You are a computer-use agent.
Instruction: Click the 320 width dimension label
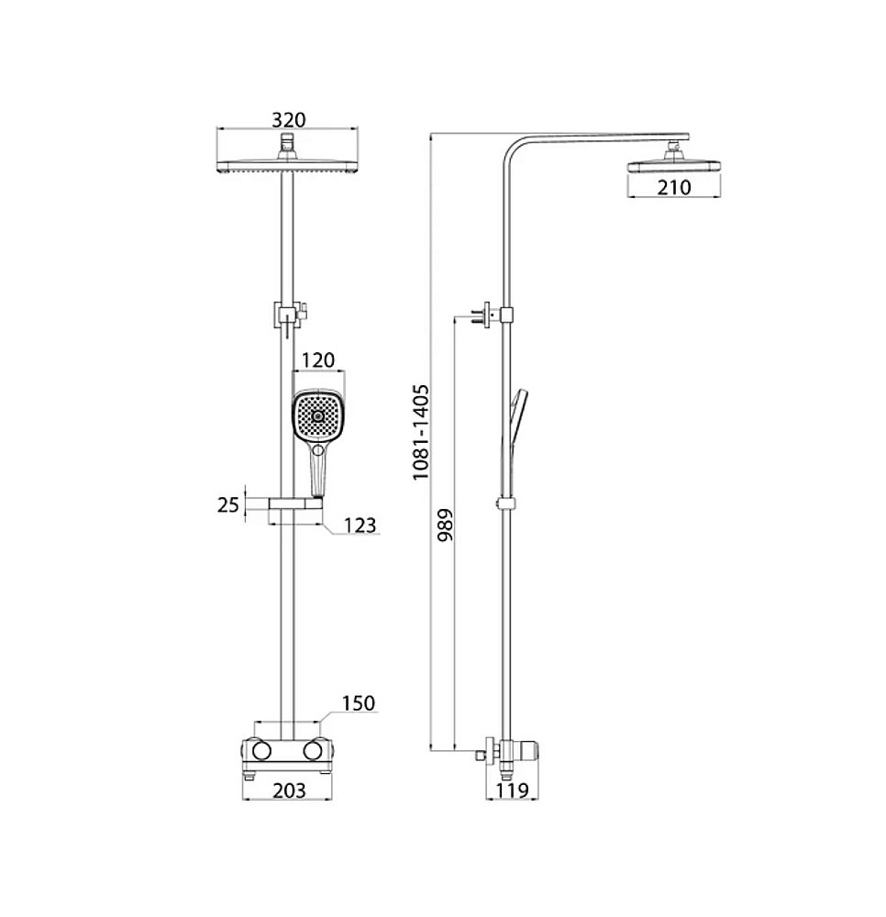[288, 120]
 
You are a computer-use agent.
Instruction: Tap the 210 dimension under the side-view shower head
[674, 188]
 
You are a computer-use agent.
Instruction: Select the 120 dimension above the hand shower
[318, 360]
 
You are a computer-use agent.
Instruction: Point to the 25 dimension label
[228, 504]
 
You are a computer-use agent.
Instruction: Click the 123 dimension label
[360, 525]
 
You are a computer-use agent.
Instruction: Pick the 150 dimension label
[358, 703]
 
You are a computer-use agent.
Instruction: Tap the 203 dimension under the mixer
[289, 790]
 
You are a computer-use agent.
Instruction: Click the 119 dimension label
[513, 790]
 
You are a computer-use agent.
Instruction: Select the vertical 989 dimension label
[445, 525]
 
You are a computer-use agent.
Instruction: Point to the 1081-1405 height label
[420, 432]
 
